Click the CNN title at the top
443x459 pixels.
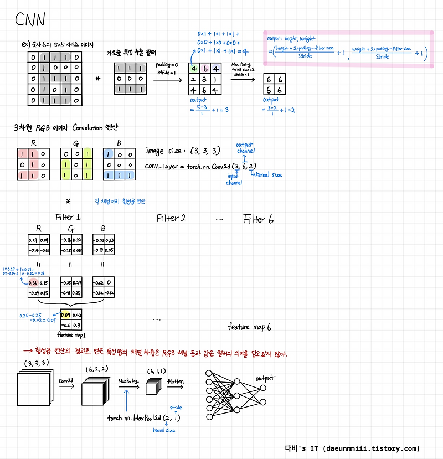[x=30, y=20]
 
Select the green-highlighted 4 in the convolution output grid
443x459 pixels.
[x=194, y=69]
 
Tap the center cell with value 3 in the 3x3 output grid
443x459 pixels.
[x=205, y=79]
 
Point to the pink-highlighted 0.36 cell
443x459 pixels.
[x=33, y=282]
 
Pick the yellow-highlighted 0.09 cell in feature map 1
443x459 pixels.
[x=65, y=316]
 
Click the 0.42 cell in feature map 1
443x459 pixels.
[x=77, y=316]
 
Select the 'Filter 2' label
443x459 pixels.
[x=171, y=218]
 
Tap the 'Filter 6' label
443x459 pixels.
[x=258, y=219]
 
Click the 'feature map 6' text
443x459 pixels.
[x=250, y=327]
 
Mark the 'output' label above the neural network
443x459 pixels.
[x=266, y=378]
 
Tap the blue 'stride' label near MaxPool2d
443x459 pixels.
[x=176, y=407]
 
